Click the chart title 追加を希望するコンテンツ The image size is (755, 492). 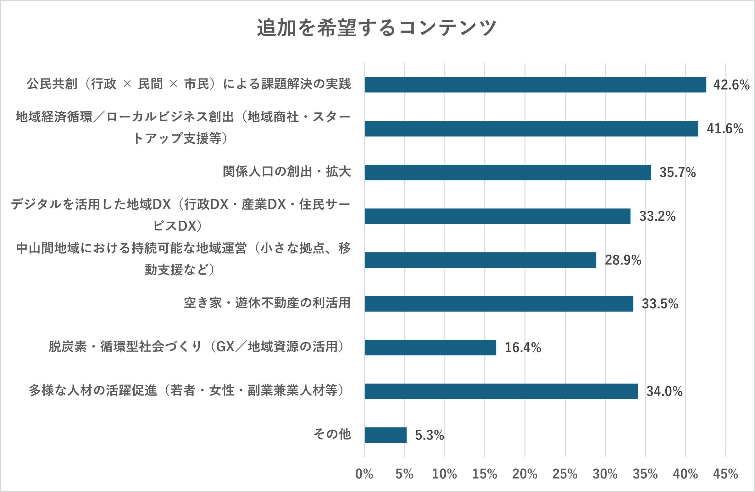click(376, 28)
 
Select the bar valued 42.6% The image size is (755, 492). click(535, 85)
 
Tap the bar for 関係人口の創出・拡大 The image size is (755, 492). click(508, 172)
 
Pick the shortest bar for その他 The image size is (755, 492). click(386, 435)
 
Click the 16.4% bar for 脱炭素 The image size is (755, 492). click(430, 347)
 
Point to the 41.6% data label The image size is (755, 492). click(725, 129)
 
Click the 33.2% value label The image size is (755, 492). click(657, 216)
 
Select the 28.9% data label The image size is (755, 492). click(623, 260)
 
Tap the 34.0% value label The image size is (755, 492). click(664, 391)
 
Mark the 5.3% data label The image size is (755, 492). click(430, 435)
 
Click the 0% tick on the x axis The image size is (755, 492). click(364, 474)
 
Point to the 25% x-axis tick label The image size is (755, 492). click(565, 474)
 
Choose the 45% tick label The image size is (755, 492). click(725, 474)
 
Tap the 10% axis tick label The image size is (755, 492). click(444, 474)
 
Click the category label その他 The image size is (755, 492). click(332, 434)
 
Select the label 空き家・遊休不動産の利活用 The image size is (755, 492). click(267, 303)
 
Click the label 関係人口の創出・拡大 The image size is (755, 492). click(287, 172)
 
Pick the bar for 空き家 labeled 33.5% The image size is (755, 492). click(499, 304)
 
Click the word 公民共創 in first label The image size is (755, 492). click(52, 84)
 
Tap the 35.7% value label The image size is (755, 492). click(678, 173)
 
